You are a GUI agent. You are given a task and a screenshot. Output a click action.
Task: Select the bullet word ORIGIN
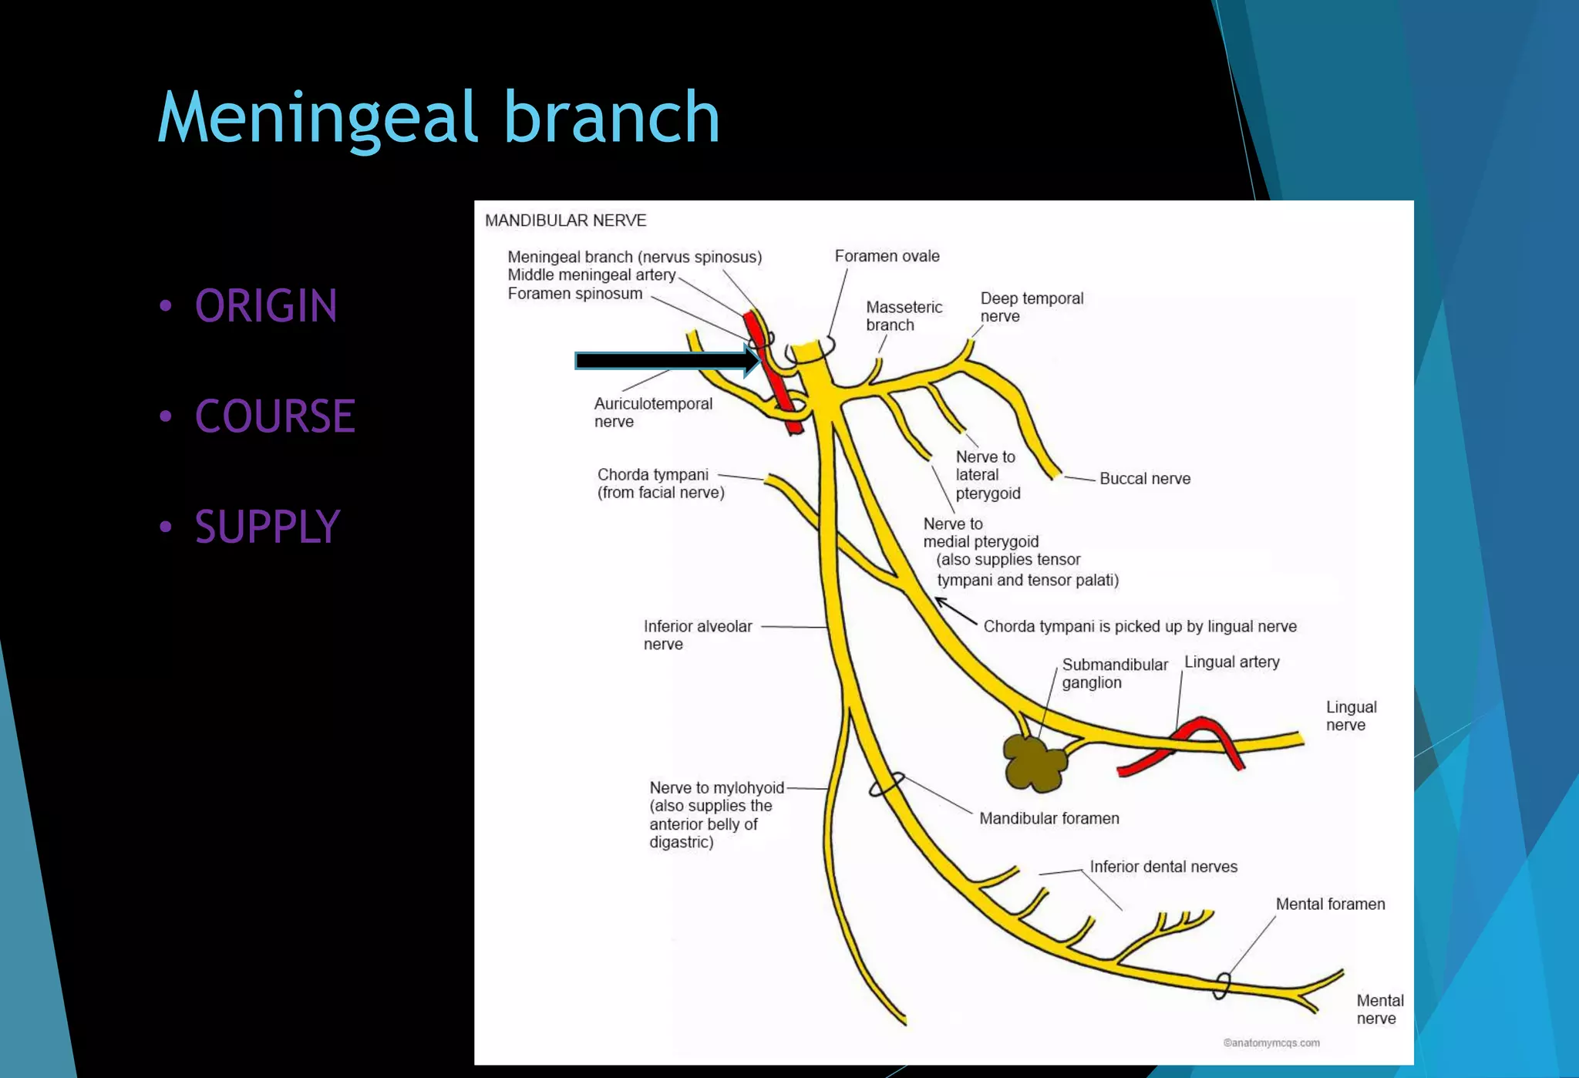coord(266,306)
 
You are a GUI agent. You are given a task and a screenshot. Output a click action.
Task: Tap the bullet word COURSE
coord(274,416)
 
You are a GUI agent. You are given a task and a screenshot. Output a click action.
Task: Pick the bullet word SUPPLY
coord(267,527)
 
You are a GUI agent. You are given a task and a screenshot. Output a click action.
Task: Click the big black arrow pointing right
coord(663,361)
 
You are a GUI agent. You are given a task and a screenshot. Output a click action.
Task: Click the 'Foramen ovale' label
coord(887,256)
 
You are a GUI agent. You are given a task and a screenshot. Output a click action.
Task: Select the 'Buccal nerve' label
coord(1144,479)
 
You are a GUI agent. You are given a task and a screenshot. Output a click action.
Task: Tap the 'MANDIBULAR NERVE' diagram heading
coord(565,221)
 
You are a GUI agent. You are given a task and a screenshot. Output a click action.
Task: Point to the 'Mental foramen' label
coord(1330,905)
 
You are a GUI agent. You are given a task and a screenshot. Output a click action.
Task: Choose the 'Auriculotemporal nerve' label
coord(652,413)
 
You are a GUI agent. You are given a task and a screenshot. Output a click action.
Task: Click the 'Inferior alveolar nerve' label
coord(697,635)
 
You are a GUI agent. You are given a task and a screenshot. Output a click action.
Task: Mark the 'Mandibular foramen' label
coord(1049,819)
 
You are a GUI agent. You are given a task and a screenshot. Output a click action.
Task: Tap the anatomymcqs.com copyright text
coord(1271,1043)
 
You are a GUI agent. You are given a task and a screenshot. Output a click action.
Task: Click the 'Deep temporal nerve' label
coord(1031,307)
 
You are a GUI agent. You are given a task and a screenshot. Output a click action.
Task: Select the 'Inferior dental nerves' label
coord(1163,867)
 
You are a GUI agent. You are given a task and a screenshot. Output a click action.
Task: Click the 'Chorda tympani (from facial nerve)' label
coord(660,483)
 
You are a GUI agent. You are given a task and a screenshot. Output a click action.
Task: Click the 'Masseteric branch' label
coord(904,316)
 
